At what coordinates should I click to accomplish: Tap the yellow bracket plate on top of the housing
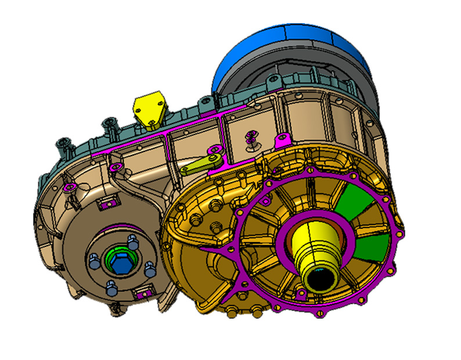(150, 108)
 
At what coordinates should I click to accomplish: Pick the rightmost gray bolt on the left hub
(150, 268)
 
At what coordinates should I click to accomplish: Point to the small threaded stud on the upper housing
(251, 138)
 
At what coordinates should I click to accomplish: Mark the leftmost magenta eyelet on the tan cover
(71, 187)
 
